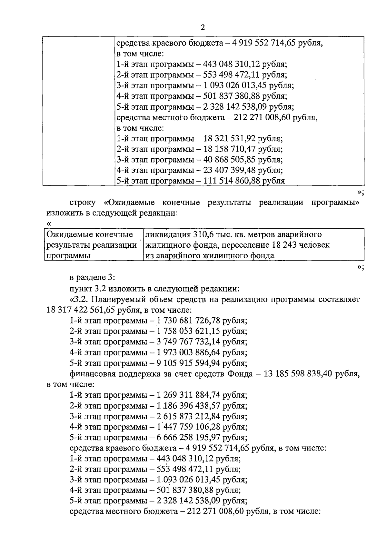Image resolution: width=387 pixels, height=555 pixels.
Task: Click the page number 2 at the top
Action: pyautogui.click(x=203, y=27)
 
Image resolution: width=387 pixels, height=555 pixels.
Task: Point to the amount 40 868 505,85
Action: pyautogui.click(x=230, y=160)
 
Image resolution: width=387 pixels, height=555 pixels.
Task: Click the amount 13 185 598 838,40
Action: pyautogui.click(x=299, y=374)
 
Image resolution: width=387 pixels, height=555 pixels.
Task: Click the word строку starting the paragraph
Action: pyautogui.click(x=82, y=203)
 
